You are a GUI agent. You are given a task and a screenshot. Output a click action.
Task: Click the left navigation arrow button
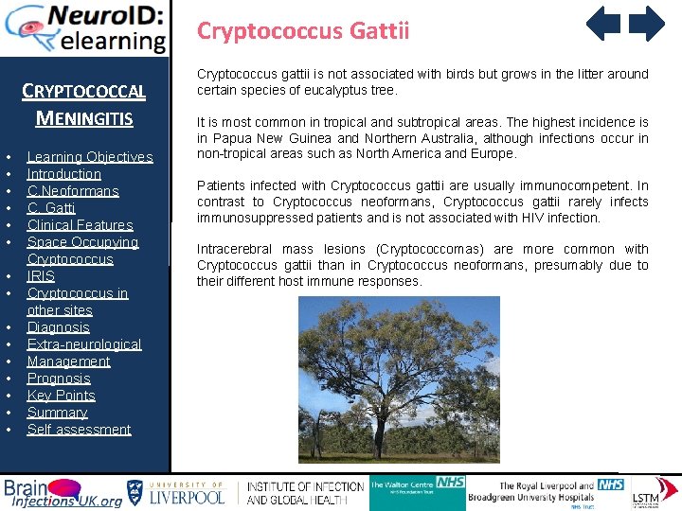603,24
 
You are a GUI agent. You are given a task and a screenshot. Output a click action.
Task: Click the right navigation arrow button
647,24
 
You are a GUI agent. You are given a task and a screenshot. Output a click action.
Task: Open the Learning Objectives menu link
90,157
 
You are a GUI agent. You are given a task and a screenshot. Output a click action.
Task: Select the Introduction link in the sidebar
64,174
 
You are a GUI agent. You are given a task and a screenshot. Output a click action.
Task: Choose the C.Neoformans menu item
73,191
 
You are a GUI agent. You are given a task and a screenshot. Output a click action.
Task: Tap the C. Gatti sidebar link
51,208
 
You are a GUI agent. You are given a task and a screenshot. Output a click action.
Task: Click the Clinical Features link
81,225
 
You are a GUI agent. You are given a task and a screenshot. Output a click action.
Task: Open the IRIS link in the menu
42,276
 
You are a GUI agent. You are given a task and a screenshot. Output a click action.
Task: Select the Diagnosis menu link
59,327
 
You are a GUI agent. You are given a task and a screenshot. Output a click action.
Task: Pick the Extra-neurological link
84,344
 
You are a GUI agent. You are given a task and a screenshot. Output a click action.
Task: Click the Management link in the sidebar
69,361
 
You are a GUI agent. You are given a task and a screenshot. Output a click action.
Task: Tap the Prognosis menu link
59,379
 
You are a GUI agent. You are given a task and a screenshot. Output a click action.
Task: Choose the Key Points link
62,396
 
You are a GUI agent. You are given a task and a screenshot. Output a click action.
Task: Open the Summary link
58,413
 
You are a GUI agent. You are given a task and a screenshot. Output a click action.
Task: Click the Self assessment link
80,430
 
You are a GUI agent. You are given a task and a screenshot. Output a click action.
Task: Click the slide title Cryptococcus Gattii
303,31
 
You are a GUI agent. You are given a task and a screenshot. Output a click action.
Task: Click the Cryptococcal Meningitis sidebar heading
83,105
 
